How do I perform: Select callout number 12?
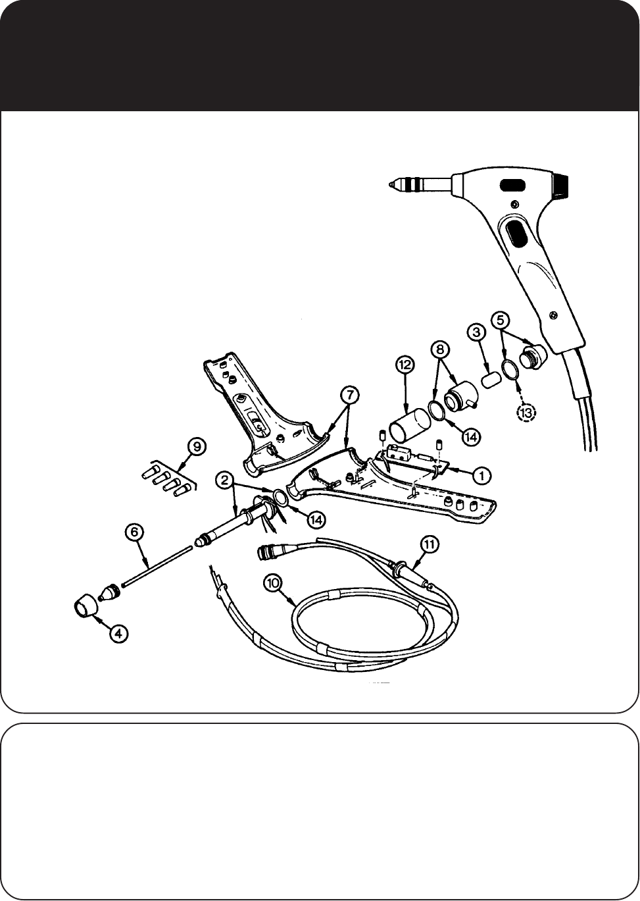click(404, 365)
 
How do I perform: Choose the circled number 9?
click(196, 447)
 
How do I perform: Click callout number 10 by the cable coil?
click(273, 582)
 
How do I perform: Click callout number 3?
click(477, 333)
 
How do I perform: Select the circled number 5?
click(501, 321)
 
